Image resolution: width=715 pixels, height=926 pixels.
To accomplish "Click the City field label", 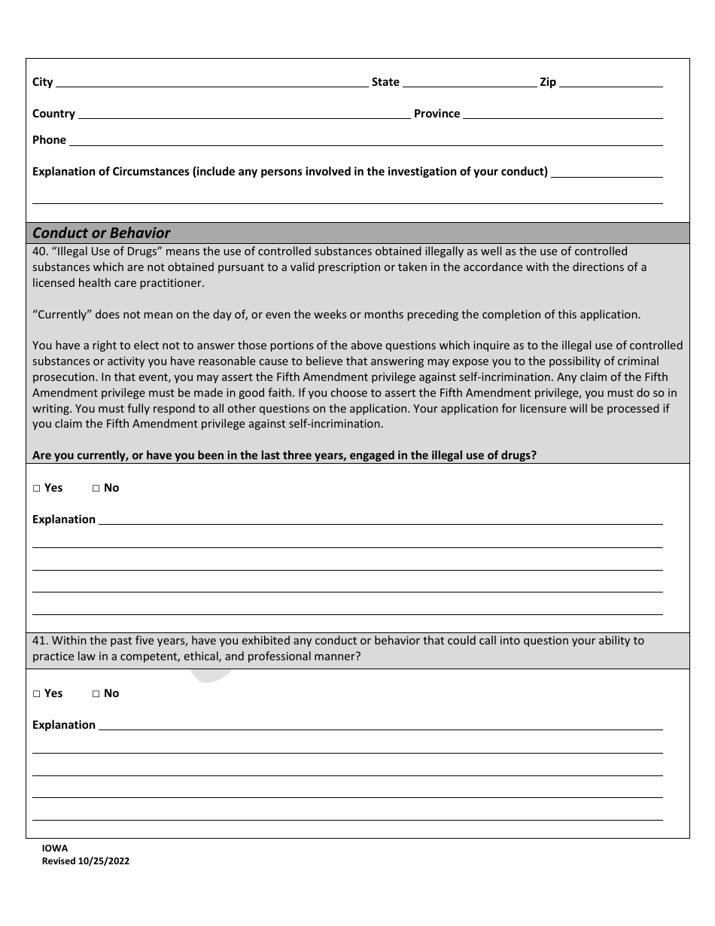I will [42, 82].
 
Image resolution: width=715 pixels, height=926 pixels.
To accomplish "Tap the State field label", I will [385, 82].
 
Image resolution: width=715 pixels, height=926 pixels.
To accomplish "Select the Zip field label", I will [548, 82].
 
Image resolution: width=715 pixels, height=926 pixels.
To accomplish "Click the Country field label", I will [53, 114].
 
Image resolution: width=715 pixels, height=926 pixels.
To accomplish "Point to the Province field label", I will [437, 114].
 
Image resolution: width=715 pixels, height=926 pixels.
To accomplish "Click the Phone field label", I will [49, 140].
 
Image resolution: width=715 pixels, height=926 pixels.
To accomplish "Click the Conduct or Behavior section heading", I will [101, 233].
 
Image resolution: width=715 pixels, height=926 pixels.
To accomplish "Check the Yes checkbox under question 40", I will [37, 489].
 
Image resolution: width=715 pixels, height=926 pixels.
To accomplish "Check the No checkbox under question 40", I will [96, 489].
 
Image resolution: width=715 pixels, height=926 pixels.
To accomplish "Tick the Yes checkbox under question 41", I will [37, 694].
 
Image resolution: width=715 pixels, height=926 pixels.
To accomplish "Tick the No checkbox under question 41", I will [96, 694].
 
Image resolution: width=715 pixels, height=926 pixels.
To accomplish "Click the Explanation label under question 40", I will [64, 519].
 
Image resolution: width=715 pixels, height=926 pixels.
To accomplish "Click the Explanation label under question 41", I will [64, 725].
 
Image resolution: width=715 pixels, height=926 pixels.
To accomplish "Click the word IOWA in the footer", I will [55, 848].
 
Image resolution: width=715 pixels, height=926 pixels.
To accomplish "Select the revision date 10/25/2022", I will [103, 861].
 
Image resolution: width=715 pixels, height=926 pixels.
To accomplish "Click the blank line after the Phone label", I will [366, 142].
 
